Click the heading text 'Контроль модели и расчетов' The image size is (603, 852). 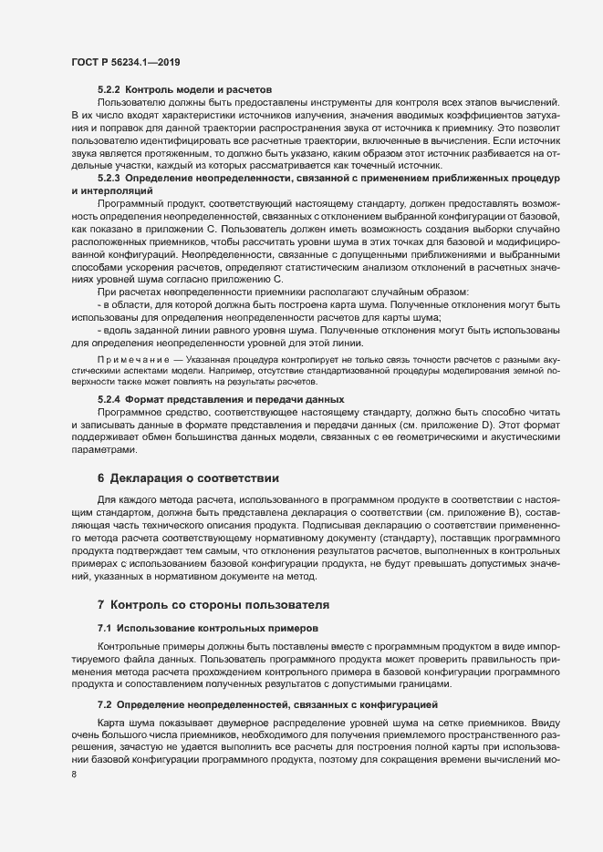click(198, 90)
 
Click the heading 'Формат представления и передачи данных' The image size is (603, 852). click(234, 399)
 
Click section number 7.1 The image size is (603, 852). click(103, 629)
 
